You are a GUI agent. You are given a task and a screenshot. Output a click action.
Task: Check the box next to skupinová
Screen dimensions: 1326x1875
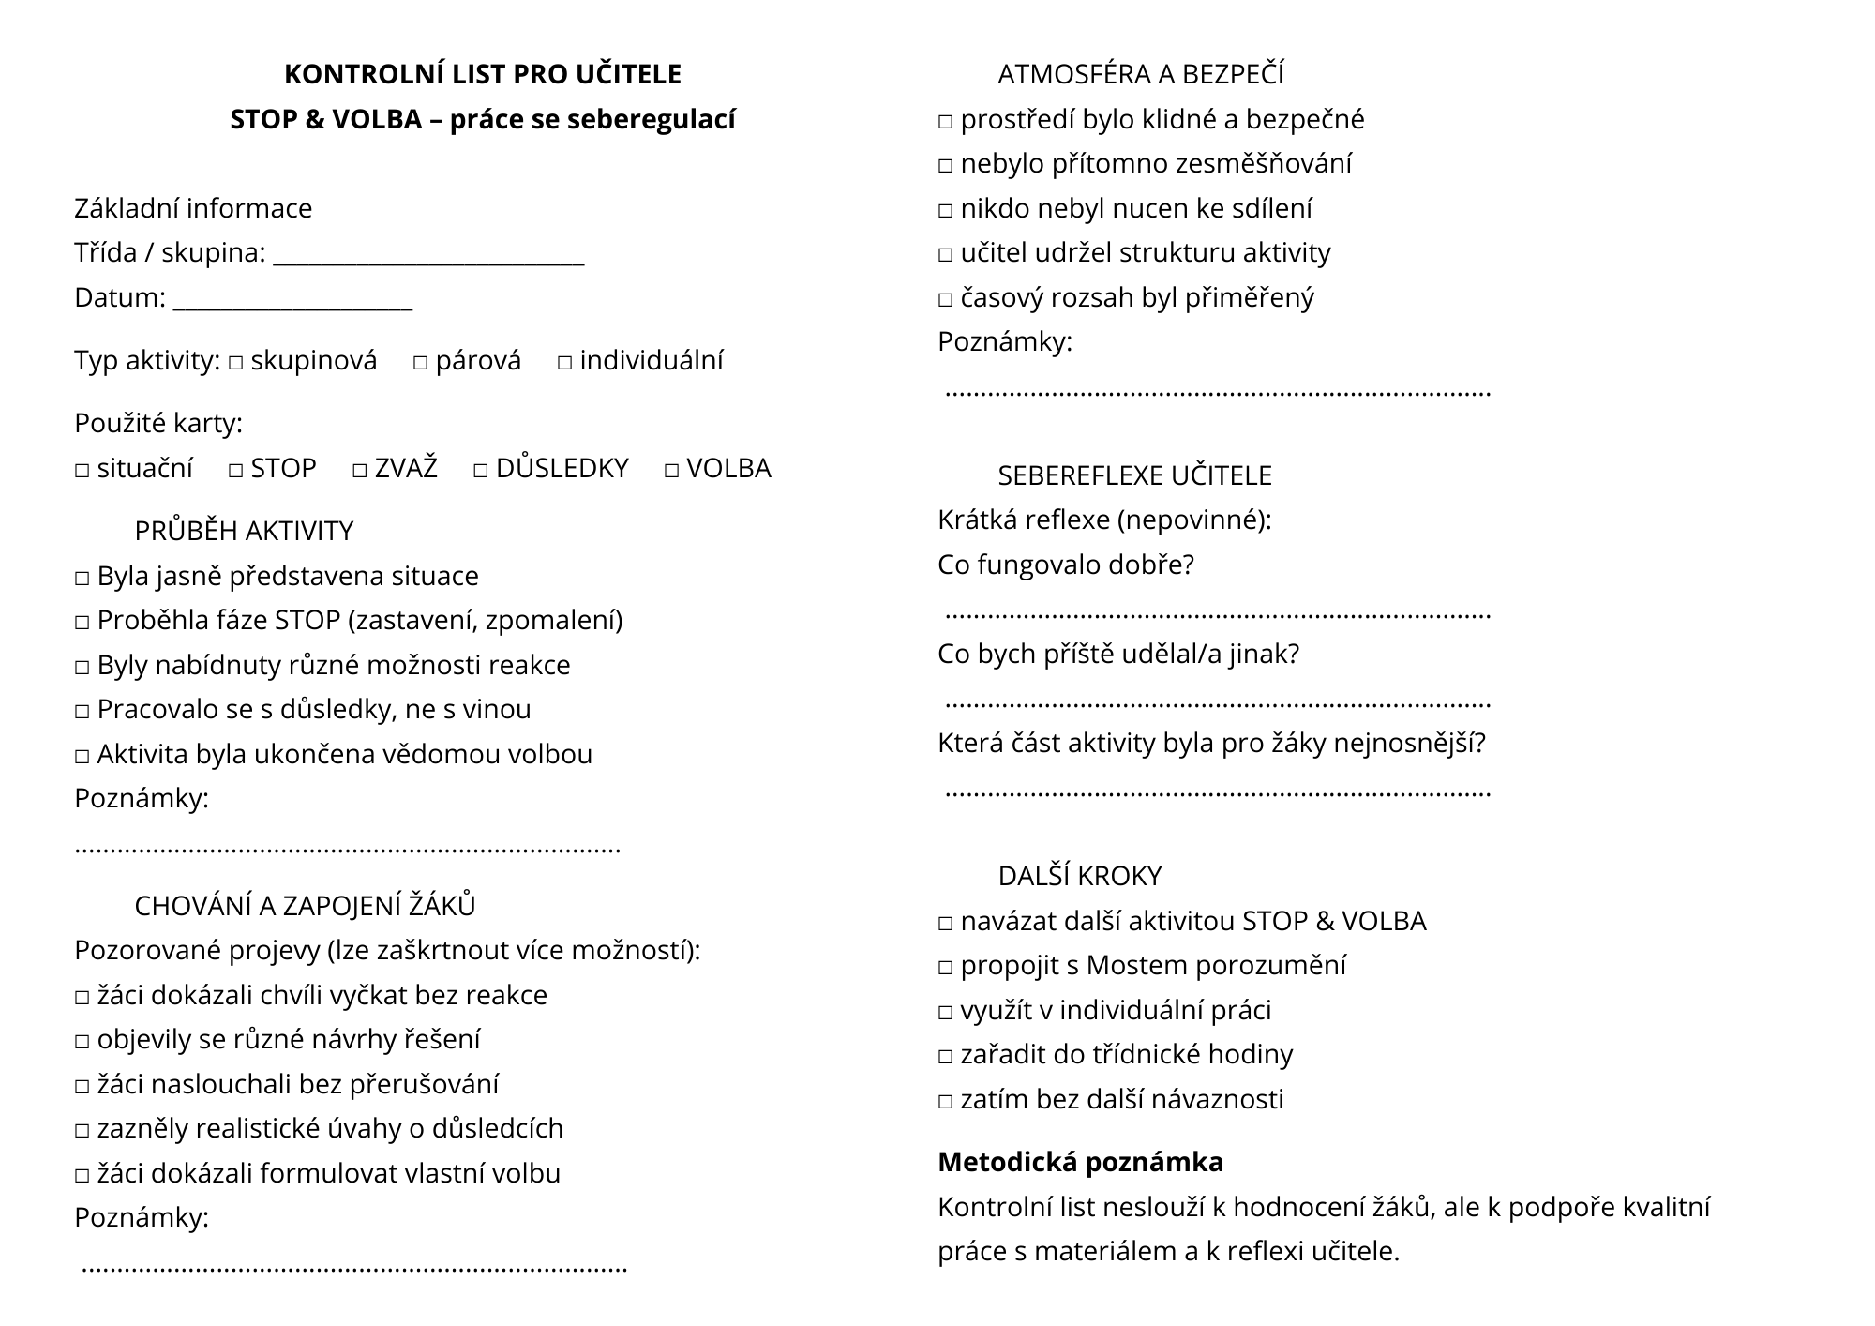coord(235,362)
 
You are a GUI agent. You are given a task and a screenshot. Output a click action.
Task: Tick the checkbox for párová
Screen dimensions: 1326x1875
coord(420,362)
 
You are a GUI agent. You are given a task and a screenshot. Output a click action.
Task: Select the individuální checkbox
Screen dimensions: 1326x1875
coord(564,362)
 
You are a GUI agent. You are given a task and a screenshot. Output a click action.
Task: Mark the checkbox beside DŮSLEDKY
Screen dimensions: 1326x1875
coord(481,470)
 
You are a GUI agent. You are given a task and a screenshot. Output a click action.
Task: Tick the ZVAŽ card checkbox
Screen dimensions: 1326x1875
coord(360,470)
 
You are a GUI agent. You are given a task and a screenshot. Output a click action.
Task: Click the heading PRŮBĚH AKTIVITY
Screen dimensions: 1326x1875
coord(244,531)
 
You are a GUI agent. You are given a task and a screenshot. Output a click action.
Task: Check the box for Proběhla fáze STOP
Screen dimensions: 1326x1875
coord(82,622)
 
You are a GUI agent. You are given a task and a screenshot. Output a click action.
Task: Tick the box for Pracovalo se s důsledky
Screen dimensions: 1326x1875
coord(82,711)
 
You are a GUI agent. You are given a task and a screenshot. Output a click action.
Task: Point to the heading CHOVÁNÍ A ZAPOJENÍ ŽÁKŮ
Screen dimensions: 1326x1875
coord(305,906)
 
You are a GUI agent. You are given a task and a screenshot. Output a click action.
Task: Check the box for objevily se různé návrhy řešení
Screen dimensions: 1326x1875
coord(82,1041)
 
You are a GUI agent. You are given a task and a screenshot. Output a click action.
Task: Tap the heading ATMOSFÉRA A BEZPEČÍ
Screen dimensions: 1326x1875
coord(1140,74)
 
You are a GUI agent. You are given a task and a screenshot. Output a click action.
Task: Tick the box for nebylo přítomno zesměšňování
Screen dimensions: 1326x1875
coord(945,166)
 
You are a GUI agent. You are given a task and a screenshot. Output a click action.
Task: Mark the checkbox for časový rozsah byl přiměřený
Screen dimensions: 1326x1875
coord(945,300)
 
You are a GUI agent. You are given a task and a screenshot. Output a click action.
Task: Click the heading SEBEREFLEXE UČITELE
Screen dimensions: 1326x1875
coord(1134,475)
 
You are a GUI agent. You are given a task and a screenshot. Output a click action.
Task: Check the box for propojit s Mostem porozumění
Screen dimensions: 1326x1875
coord(945,967)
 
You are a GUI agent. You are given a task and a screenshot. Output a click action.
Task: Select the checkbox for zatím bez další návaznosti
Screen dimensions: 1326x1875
coord(945,1101)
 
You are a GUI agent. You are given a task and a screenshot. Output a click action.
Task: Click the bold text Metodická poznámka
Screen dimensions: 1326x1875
coord(1080,1162)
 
